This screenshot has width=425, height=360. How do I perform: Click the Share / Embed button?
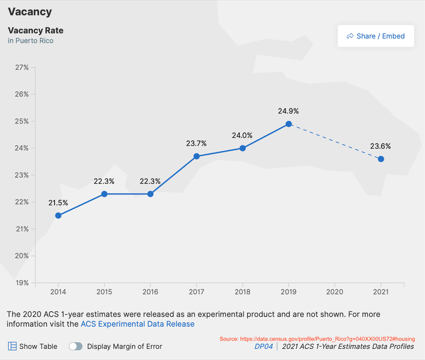(376, 36)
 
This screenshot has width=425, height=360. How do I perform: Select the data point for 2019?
(289, 124)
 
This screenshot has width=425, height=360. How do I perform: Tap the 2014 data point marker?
(58, 215)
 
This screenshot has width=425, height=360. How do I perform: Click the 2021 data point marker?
(381, 159)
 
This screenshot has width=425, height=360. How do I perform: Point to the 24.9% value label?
(288, 111)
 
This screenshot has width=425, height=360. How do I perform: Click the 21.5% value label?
(58, 203)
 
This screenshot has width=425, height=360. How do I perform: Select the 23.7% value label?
(196, 143)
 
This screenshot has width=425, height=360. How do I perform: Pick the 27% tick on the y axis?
(22, 67)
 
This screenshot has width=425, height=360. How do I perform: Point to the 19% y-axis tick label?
(22, 283)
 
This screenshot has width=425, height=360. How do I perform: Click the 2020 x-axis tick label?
(335, 292)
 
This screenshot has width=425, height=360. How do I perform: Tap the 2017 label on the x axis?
(196, 292)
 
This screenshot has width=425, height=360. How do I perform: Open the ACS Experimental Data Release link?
(137, 324)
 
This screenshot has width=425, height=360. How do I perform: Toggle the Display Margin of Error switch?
(76, 346)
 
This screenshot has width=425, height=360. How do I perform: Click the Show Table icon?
(12, 346)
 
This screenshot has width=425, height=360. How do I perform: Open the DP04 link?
(263, 347)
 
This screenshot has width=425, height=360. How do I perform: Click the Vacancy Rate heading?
(35, 30)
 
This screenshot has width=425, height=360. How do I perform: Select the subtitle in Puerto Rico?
(30, 40)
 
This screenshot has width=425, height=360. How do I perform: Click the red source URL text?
(317, 339)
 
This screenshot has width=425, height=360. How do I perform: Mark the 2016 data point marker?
(150, 194)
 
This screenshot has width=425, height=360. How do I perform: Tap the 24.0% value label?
(242, 135)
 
